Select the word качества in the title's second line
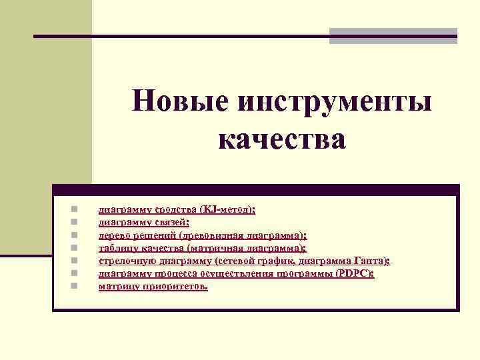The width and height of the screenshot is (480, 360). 282,139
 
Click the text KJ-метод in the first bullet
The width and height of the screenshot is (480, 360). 229,209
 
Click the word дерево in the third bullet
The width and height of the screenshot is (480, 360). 114,235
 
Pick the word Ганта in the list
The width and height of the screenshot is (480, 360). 373,260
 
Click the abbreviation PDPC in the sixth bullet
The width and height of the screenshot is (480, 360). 355,273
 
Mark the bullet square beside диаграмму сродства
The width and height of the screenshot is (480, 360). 75,209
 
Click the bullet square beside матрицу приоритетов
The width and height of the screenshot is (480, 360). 75,285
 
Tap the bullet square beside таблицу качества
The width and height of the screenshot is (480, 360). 75,247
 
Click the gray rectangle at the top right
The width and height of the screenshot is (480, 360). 393,36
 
